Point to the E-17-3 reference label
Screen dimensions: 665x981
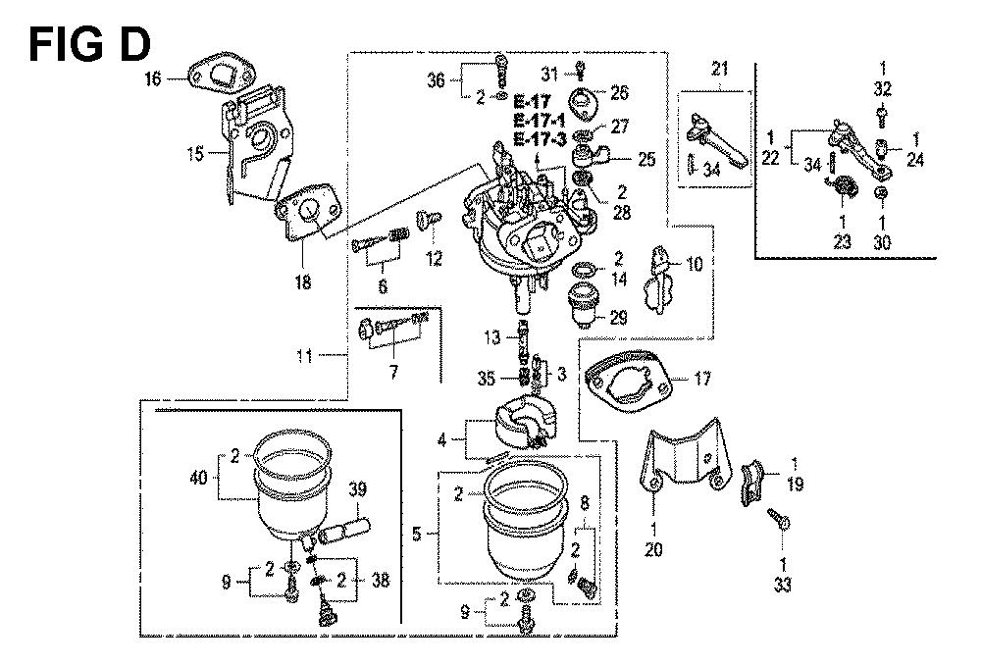(x=536, y=138)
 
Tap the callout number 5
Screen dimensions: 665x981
(x=417, y=535)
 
